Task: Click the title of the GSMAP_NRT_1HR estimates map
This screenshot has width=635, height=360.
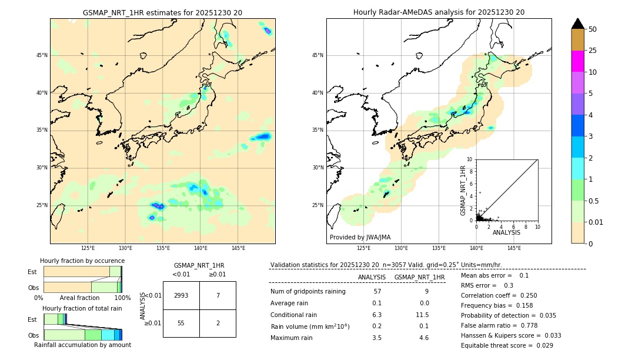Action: coord(162,12)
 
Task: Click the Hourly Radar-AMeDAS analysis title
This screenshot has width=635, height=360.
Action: coord(439,12)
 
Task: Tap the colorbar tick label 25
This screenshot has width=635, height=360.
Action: coord(593,51)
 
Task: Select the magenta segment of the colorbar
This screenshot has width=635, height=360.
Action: coord(578,61)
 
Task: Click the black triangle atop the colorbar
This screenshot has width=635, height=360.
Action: coord(578,24)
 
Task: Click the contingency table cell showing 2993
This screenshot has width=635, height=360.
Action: coord(181,295)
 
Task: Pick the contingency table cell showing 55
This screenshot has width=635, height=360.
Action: coord(181,324)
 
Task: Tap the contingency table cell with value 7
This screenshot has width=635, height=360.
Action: coord(218,295)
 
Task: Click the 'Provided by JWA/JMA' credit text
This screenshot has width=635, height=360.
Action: coord(360,238)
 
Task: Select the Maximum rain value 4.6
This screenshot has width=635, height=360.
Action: coord(423,338)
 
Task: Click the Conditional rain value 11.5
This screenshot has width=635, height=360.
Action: coord(423,315)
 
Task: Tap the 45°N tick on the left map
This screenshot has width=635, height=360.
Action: coord(42,55)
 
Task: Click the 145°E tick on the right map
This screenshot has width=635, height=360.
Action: coord(514,248)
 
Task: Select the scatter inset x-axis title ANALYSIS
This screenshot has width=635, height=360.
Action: coord(506,232)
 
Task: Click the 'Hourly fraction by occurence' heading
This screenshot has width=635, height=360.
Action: coord(82,261)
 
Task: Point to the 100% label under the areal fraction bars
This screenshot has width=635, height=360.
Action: coord(122,298)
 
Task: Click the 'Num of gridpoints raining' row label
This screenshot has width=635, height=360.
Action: coord(308,292)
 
